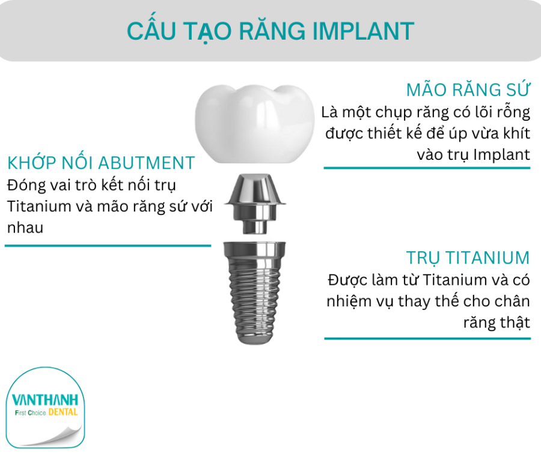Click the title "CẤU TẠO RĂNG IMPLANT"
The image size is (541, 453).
270,31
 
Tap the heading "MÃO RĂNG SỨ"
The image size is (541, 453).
468,90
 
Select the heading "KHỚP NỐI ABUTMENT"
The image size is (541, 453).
101,163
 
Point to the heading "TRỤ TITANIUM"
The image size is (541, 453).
468,258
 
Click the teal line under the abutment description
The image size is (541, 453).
108,245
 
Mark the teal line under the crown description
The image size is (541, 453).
427,168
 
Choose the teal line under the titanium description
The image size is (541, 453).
427,338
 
